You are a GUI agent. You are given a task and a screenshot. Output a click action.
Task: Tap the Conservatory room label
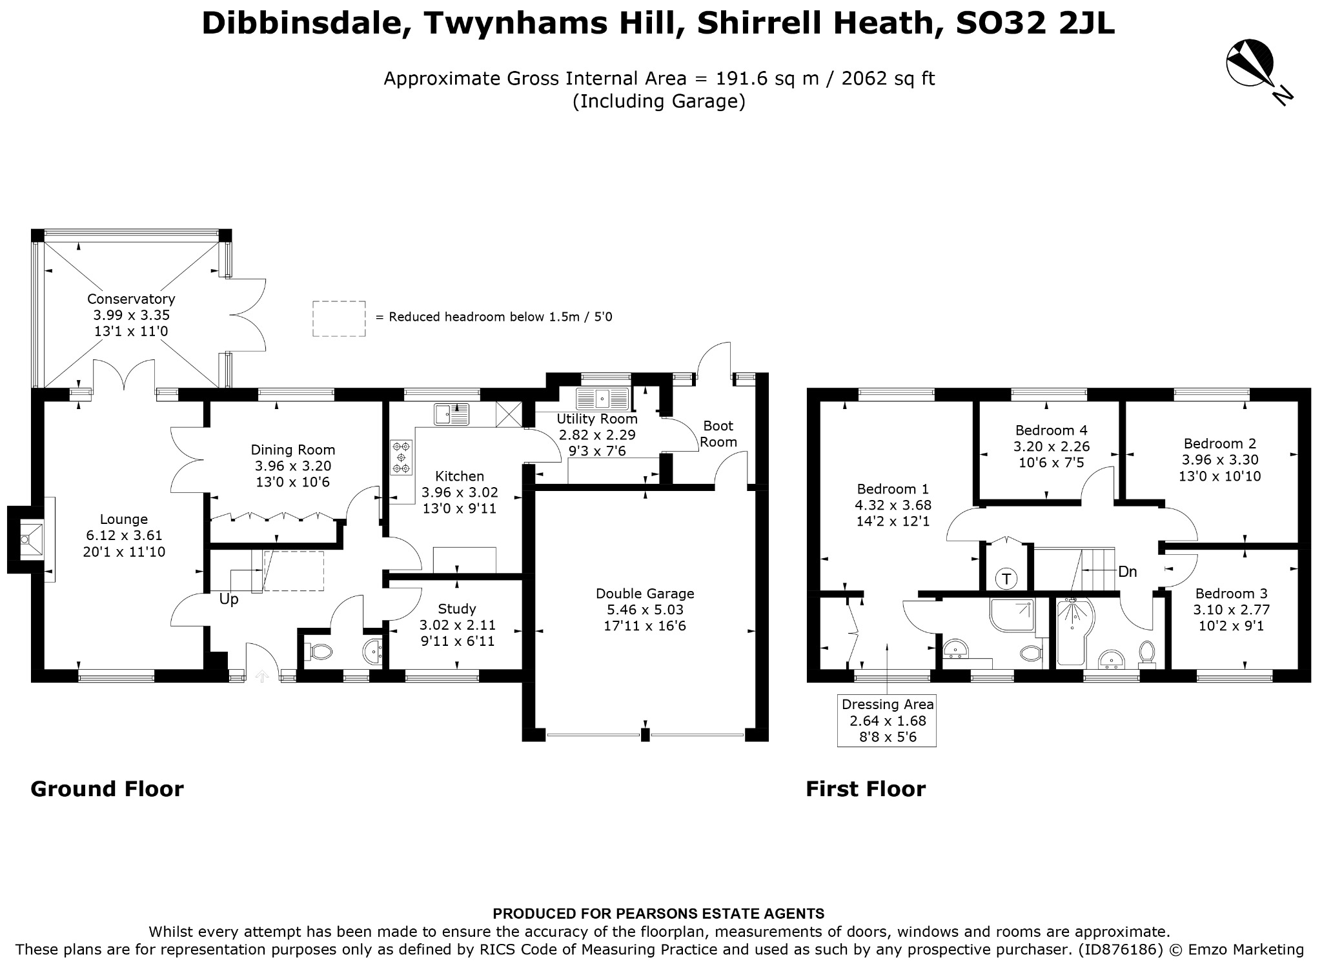tap(131, 299)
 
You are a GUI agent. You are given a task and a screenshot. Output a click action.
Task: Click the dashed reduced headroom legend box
tap(339, 319)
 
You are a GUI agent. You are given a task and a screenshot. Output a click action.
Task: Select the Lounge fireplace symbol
tap(31, 539)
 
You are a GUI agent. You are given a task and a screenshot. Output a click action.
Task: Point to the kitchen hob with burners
tap(402, 457)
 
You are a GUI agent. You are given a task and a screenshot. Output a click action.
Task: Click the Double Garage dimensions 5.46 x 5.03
tap(645, 610)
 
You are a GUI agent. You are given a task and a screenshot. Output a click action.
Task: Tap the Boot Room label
tap(718, 434)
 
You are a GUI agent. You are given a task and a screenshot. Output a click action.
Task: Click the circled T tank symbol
tap(1006, 578)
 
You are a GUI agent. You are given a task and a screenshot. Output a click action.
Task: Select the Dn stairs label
tap(1127, 572)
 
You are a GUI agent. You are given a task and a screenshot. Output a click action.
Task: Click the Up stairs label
tap(229, 599)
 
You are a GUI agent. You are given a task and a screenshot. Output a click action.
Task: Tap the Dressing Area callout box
tap(887, 720)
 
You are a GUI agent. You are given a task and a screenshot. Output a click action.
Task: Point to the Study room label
tap(456, 609)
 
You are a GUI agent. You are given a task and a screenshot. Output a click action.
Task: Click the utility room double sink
tap(602, 399)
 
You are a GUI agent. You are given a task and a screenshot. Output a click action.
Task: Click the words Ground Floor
tap(107, 789)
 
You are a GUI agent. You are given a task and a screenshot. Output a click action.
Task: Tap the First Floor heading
tap(865, 789)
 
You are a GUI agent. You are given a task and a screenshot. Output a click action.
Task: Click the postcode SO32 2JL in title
tap(1034, 24)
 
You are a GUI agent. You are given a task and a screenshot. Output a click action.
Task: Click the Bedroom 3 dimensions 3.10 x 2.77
tap(1231, 610)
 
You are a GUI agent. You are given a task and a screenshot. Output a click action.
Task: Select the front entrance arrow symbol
tap(262, 676)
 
